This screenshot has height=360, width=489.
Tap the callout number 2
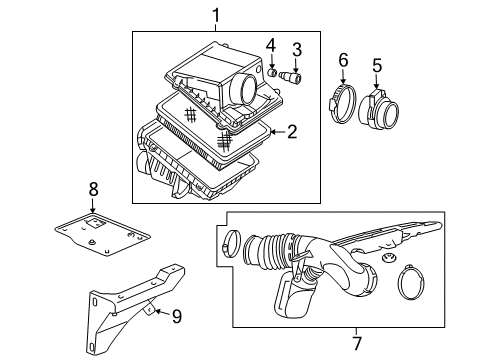[x=293, y=131]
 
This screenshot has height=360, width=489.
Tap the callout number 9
[x=176, y=318]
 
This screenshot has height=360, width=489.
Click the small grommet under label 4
[x=271, y=72]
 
